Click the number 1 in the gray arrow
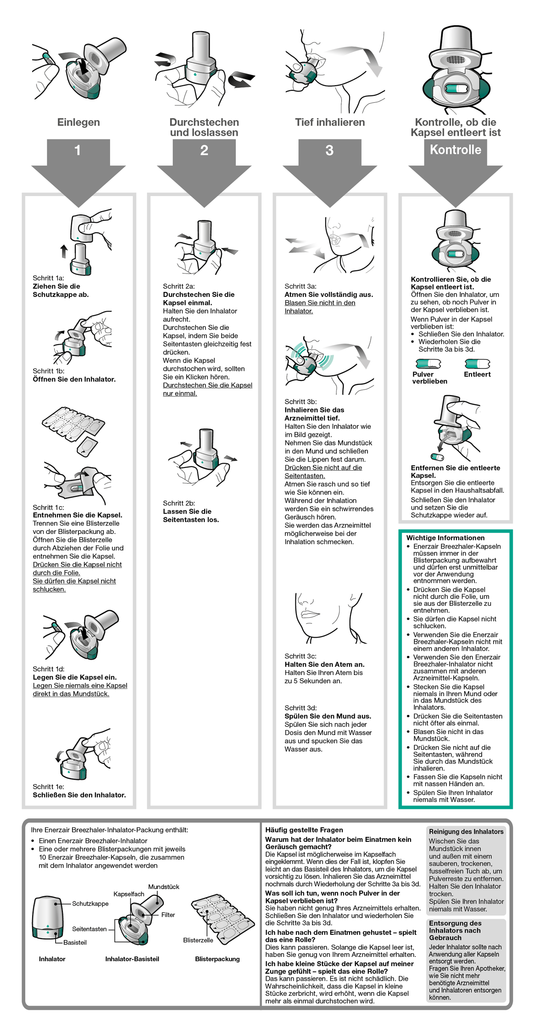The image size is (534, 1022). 78,150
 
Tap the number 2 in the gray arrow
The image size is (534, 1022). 204,150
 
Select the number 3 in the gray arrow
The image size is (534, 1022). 329,150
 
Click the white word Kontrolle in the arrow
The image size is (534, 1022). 455,150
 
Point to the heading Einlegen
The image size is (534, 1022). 78,122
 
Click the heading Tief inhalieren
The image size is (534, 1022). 330,122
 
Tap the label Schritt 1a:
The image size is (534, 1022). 48,278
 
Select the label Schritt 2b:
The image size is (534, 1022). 179,503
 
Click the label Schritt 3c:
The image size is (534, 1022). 300,656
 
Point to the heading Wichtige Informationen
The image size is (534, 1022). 445,538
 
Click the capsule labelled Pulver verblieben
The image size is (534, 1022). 428,364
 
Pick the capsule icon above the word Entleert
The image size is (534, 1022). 477,364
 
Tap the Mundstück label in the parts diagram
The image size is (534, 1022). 164,886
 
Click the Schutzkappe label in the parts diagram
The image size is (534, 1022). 90,903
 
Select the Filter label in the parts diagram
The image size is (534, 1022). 168,914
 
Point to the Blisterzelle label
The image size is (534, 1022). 198,940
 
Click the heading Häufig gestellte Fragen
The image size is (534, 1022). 304,830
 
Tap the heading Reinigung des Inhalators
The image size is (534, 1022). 466,831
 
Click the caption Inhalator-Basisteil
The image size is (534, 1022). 132,959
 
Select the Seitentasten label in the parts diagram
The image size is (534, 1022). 89,929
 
